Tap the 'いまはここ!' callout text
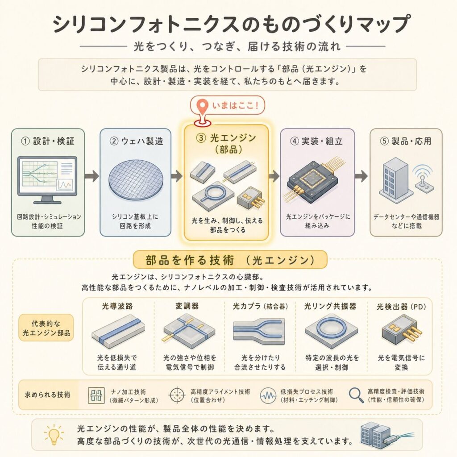[x=235, y=105]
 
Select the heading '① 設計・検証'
[x=48, y=141]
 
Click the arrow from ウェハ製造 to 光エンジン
[x=177, y=176]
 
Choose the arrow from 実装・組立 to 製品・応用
[x=361, y=176]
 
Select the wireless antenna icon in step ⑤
[x=424, y=179]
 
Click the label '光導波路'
[x=117, y=306]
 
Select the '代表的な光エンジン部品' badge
[x=46, y=328]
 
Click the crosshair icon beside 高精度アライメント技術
[x=177, y=395]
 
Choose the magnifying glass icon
[x=356, y=395]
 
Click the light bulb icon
[x=54, y=435]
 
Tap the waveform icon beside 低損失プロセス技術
[x=268, y=395]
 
